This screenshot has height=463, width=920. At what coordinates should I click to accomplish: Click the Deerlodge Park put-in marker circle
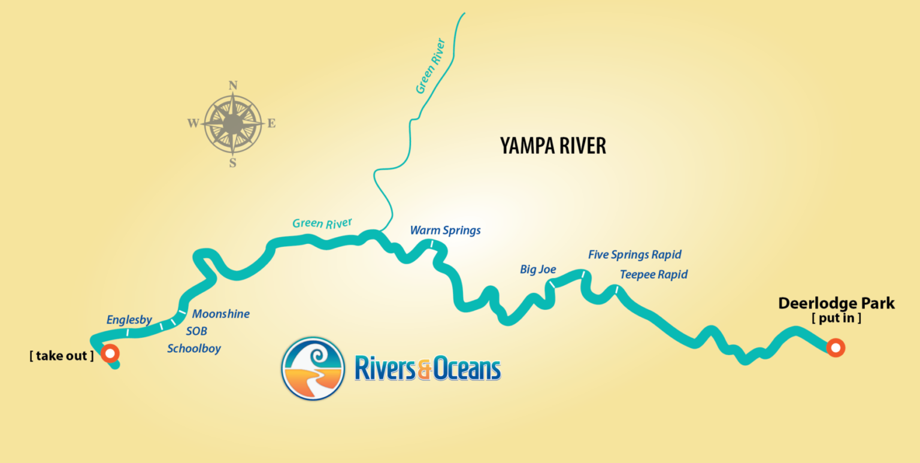pyautogui.click(x=835, y=347)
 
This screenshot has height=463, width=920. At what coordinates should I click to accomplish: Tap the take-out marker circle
pyautogui.click(x=110, y=353)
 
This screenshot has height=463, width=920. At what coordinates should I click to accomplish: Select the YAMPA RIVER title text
pyautogui.click(x=553, y=146)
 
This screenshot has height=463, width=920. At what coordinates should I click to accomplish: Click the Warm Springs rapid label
pyautogui.click(x=445, y=231)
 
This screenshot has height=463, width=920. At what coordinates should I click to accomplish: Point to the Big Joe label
pyautogui.click(x=538, y=270)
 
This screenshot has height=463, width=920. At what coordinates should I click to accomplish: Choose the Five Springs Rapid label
pyautogui.click(x=634, y=255)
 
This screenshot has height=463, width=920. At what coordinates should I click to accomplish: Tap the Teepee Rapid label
pyautogui.click(x=653, y=275)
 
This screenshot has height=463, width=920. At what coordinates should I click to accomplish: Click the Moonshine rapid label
pyautogui.click(x=220, y=314)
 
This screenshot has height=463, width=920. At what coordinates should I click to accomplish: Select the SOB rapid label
pyautogui.click(x=196, y=331)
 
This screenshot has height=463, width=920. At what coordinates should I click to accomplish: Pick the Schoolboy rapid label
pyautogui.click(x=194, y=348)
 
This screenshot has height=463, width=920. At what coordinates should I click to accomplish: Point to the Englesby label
pyautogui.click(x=129, y=320)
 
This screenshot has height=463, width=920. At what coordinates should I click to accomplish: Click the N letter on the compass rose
pyautogui.click(x=233, y=85)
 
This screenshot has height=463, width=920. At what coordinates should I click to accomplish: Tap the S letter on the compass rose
pyautogui.click(x=233, y=163)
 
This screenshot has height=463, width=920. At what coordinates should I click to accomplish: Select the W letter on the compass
pyautogui.click(x=193, y=124)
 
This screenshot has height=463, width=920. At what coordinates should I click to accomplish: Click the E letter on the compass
pyautogui.click(x=271, y=124)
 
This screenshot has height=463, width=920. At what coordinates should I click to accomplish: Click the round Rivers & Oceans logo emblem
pyautogui.click(x=313, y=368)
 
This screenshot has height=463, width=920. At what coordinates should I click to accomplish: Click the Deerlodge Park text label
pyautogui.click(x=836, y=304)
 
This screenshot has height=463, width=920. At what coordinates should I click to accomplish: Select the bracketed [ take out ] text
pyautogui.click(x=62, y=356)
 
